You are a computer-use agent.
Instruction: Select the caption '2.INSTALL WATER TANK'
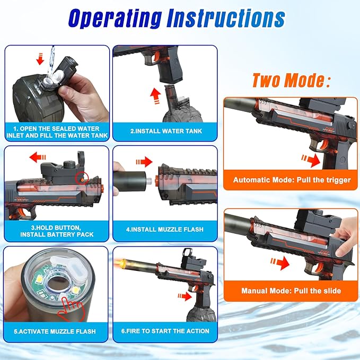click(x=165, y=130)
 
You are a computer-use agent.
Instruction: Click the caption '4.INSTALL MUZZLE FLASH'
click(x=165, y=230)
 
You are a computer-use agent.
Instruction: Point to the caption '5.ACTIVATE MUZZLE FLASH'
click(x=56, y=331)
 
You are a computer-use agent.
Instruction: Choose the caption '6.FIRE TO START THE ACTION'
click(x=165, y=331)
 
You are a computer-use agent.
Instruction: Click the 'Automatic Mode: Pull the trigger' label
click(x=292, y=180)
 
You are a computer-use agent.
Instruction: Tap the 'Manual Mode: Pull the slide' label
click(x=292, y=291)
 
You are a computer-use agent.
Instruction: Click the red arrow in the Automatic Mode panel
click(x=311, y=157)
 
